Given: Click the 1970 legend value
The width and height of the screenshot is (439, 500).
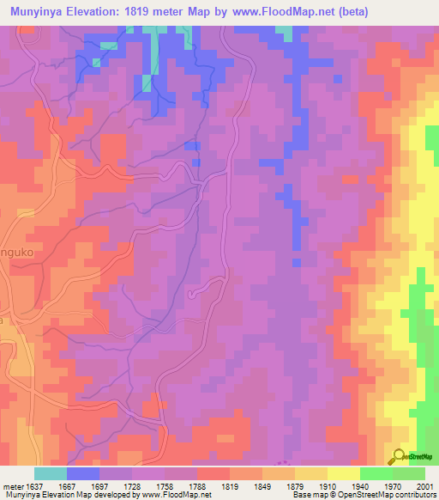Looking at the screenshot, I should coord(393,485).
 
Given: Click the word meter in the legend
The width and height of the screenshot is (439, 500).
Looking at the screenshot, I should coord(10,485).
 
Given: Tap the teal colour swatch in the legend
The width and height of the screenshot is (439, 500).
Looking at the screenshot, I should coord(51,473).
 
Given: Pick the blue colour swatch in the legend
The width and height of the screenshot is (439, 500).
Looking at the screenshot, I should coord(83,473).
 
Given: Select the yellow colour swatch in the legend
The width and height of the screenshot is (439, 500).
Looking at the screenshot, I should coord(344,473).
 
